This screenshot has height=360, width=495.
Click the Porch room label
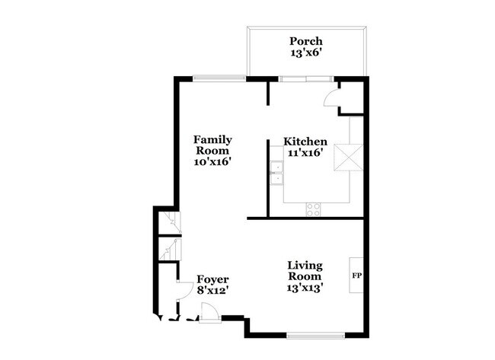(x=306, y=41)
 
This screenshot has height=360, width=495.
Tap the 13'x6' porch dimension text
(x=306, y=53)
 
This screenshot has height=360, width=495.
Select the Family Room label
(x=212, y=145)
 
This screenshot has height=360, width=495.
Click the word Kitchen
(x=305, y=142)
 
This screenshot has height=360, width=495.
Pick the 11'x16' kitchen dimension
(x=305, y=153)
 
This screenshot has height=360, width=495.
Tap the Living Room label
(x=305, y=271)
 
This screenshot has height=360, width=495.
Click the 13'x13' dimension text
(x=305, y=288)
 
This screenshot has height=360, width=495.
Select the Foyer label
(x=212, y=279)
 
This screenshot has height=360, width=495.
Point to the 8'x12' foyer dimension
(x=212, y=290)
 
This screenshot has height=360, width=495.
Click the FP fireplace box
(x=356, y=276)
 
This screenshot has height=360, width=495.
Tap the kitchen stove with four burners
(x=313, y=210)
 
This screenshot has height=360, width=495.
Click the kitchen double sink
(x=277, y=173)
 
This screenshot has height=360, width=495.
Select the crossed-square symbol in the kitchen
(x=349, y=158)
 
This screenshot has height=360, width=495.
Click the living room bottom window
(x=316, y=336)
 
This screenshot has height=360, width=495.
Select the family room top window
(x=219, y=78)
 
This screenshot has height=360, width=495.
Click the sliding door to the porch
(x=306, y=79)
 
